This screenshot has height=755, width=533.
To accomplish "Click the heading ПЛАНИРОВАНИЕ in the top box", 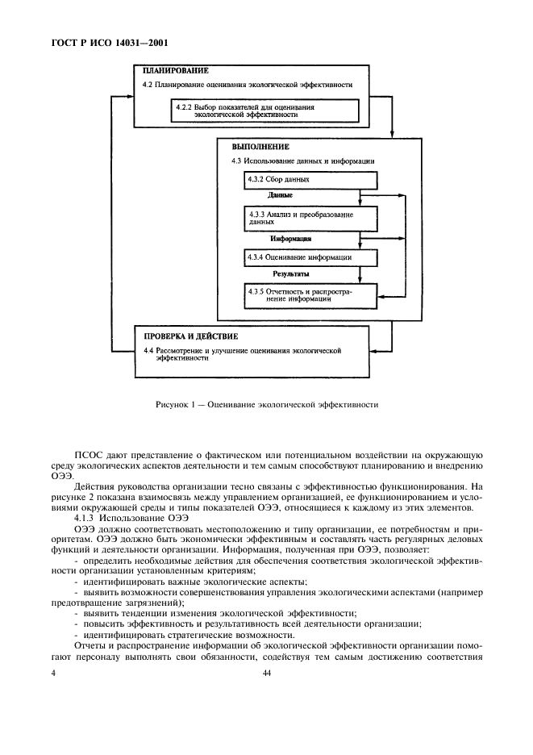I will (x=169, y=71).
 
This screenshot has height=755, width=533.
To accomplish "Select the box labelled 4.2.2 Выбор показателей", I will (x=255, y=111).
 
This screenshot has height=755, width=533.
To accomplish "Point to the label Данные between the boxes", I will (x=280, y=196).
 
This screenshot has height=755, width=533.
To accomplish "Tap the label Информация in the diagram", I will (x=291, y=239).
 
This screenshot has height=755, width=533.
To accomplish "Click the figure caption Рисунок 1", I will (x=267, y=404).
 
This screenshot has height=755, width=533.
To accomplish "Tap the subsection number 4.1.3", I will (x=85, y=517).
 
